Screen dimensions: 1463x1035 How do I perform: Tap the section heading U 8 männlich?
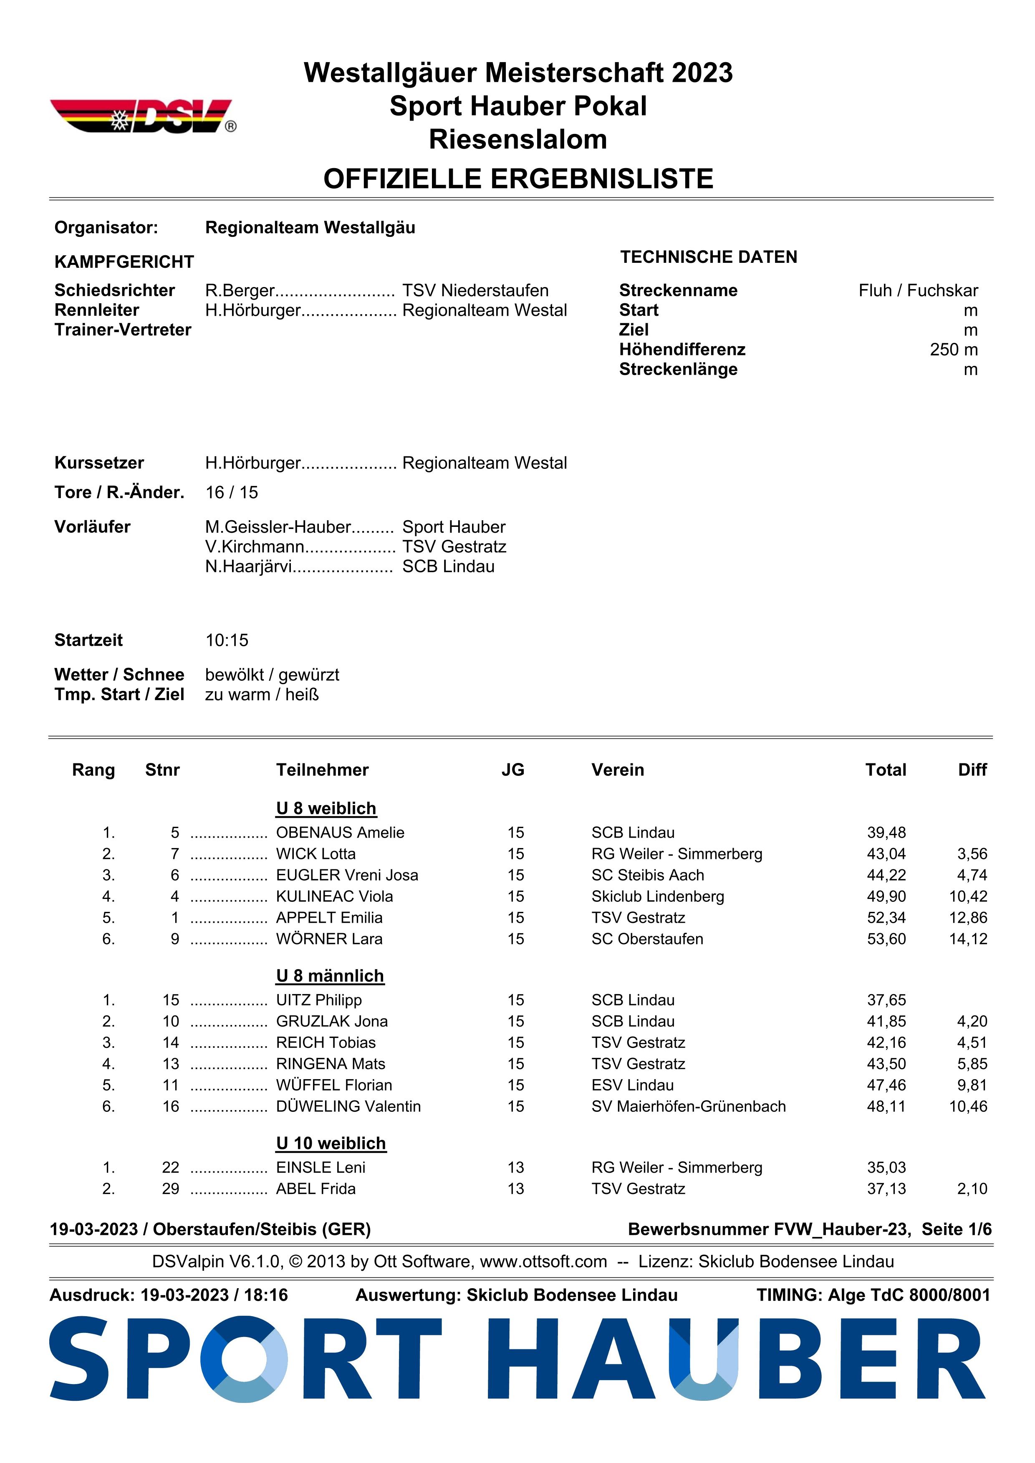(x=330, y=976)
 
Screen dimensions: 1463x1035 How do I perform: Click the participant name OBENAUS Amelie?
(x=340, y=832)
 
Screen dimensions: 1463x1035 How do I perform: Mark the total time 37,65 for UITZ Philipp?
(x=886, y=1000)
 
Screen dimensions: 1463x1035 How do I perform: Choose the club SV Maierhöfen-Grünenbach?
(x=688, y=1106)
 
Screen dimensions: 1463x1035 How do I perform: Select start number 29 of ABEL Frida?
(x=171, y=1189)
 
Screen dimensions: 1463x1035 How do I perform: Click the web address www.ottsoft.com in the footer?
(x=543, y=1262)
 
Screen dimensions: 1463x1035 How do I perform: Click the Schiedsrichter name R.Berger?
(x=239, y=291)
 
